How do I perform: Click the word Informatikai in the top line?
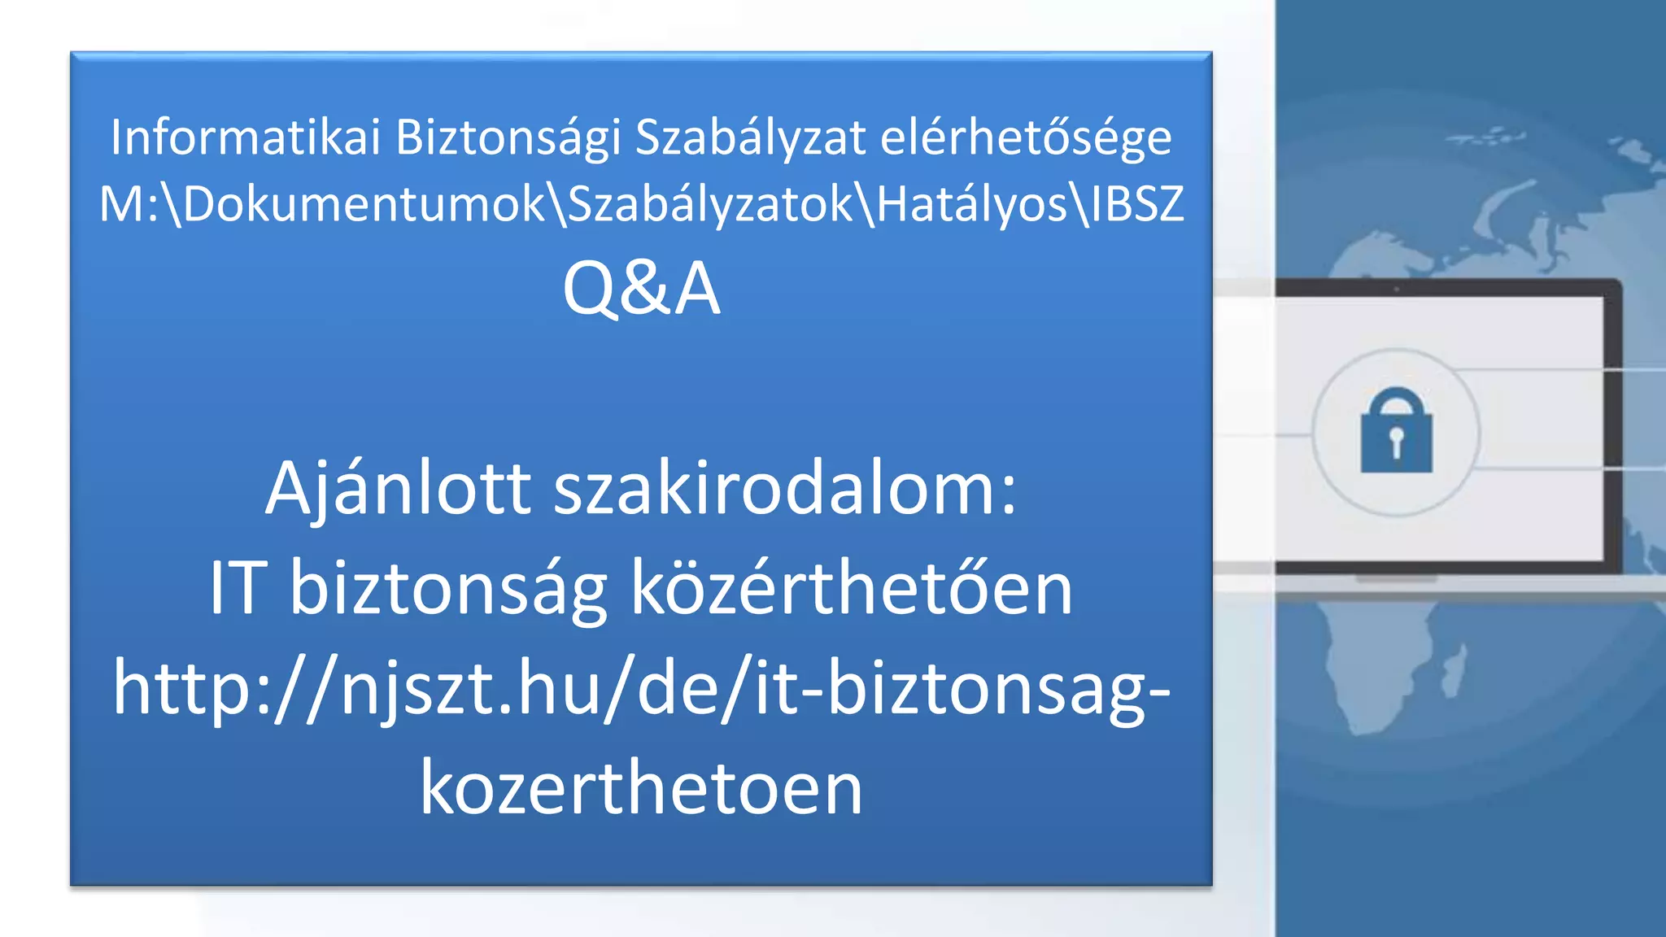click(x=246, y=137)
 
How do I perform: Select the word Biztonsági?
click(x=508, y=138)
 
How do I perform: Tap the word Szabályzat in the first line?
click(x=750, y=137)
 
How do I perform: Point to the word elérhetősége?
click(x=1026, y=138)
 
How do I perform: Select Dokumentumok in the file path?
click(x=364, y=203)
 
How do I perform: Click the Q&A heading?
click(x=641, y=289)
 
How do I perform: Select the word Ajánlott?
click(x=398, y=490)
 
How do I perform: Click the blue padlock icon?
click(x=1396, y=431)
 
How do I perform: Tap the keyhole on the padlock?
click(x=1396, y=440)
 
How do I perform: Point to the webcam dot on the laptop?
click(x=1396, y=289)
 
